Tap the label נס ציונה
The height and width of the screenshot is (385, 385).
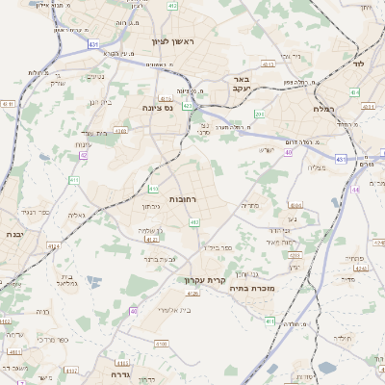(157, 109)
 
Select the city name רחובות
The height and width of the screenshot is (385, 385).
(182, 199)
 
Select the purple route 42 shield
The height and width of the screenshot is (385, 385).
(84, 154)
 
